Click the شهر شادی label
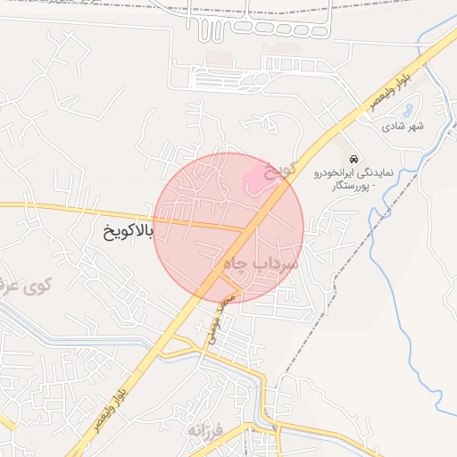(403, 127)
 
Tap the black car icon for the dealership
(354, 158)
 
